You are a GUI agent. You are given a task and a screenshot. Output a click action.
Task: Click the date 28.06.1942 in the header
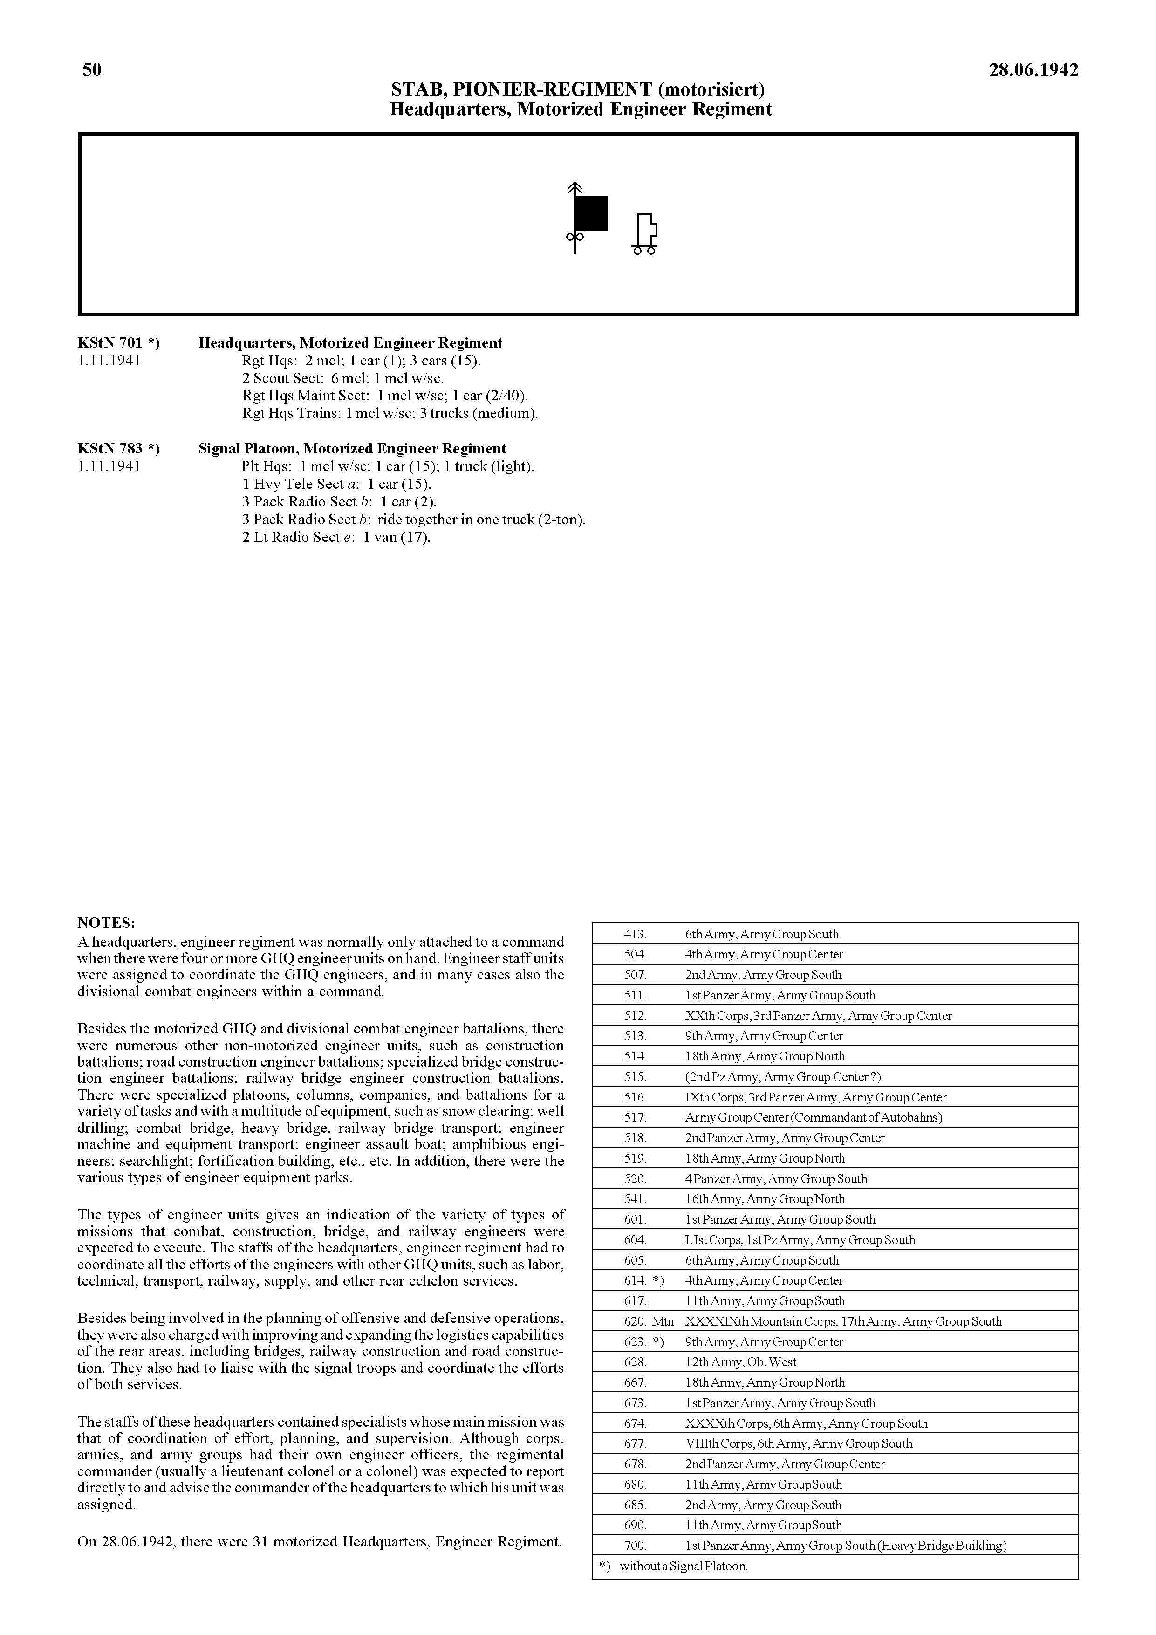(1033, 70)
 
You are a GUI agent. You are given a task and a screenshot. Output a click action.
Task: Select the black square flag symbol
(590, 213)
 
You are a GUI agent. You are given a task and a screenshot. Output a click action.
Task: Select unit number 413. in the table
(635, 934)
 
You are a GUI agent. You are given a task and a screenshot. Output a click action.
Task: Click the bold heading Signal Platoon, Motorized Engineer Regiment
(352, 449)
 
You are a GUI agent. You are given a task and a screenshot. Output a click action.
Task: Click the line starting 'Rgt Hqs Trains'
(390, 413)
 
